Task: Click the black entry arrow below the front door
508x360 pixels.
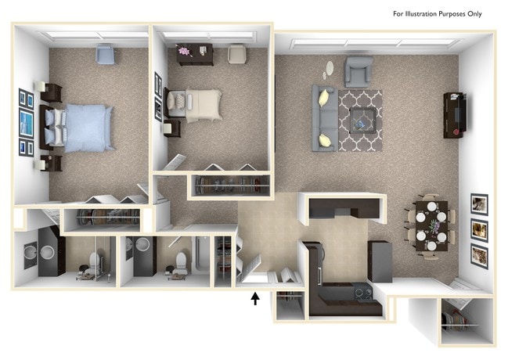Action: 254,298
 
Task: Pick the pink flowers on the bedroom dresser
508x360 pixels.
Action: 184,52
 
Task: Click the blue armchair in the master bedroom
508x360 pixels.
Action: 104,54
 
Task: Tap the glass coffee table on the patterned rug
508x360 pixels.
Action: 362,119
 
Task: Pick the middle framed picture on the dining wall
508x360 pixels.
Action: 478,229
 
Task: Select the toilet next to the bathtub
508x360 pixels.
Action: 178,263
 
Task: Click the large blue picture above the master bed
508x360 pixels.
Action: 26,124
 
